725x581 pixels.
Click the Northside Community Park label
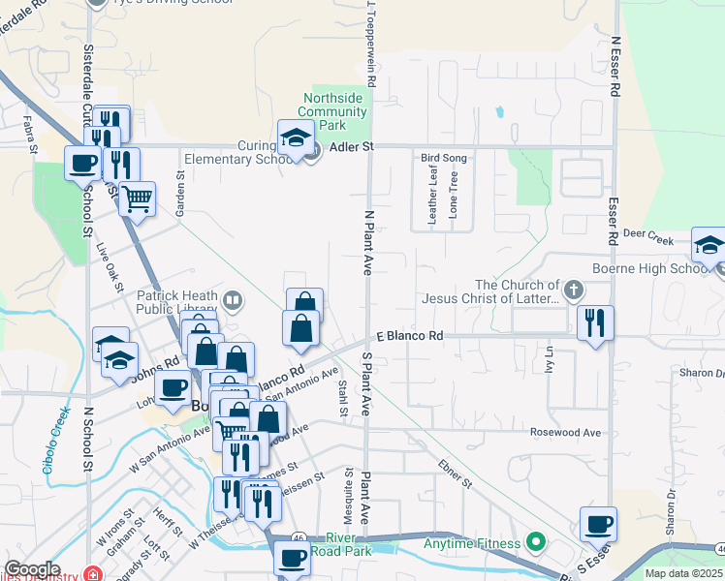[x=332, y=112]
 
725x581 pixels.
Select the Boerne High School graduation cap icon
[x=709, y=246]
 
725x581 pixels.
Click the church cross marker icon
[x=574, y=290]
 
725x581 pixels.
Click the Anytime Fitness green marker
[x=533, y=542]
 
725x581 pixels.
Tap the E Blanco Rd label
[x=410, y=336]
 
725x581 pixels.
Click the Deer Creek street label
[x=647, y=234]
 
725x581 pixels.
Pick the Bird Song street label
[x=443, y=157]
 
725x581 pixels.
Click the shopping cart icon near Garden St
[x=138, y=199]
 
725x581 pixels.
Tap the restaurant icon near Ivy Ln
[x=595, y=321]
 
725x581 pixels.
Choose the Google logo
[x=32, y=568]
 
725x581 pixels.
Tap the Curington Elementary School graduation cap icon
[x=294, y=138]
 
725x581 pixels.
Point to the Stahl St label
[x=343, y=398]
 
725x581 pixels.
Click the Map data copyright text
[x=684, y=573]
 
